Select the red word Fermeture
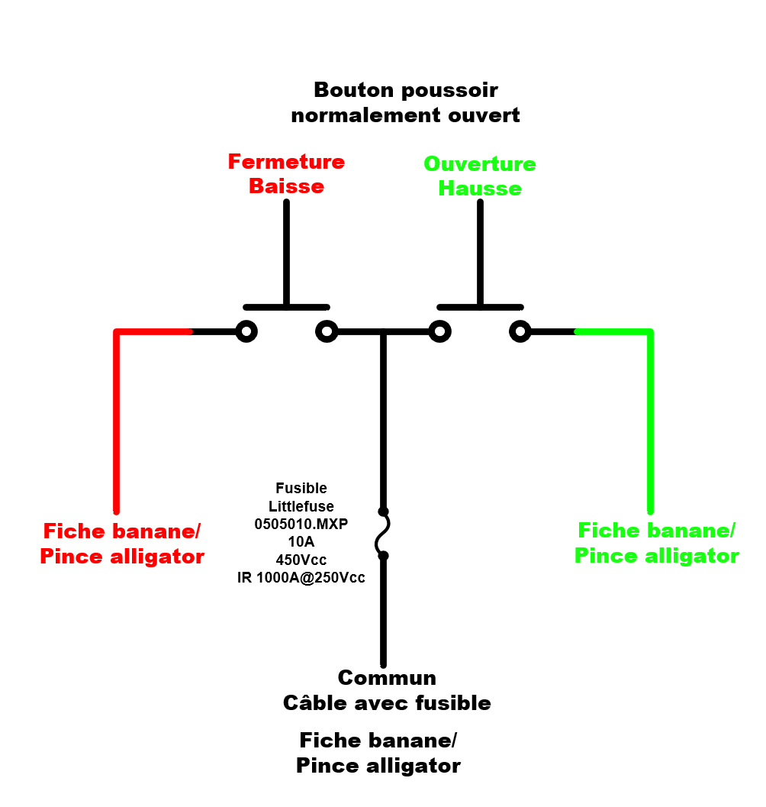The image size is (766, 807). pos(286,162)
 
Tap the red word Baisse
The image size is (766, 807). pos(286,186)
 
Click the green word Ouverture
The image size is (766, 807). pos(480,164)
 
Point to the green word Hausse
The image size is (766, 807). pos(480,189)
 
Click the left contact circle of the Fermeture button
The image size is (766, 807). pos(246,331)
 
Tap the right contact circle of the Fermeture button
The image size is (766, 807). pos(327,331)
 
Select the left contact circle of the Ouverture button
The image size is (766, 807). pos(439,331)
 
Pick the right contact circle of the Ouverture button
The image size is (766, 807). pos(520,331)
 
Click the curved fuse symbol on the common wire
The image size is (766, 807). pos(383,534)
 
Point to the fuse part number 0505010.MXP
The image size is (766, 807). pos(301,524)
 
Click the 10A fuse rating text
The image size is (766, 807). pos(301,542)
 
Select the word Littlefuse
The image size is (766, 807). pos(301,505)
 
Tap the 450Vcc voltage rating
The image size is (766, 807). pos(301,560)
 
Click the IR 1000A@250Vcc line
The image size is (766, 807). pos(301,578)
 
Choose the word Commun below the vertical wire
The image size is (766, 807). pos(387,678)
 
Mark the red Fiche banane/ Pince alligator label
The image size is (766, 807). pos(122,544)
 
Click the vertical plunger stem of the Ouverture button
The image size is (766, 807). pos(480,252)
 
